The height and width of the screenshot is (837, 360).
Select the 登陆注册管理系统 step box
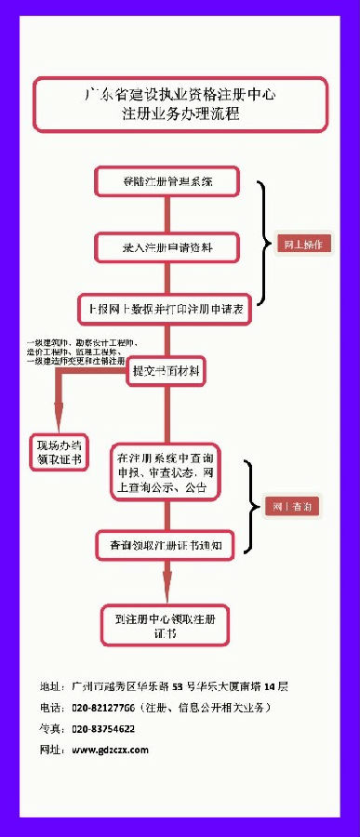point(167,180)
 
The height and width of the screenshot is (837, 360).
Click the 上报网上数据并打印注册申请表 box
point(167,309)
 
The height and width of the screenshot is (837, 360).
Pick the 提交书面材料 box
point(167,370)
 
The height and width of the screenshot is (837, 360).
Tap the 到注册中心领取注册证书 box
point(166,624)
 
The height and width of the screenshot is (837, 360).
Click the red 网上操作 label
point(301,245)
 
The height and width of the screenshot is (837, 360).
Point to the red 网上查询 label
point(292,507)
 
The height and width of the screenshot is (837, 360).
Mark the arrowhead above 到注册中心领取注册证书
point(167,591)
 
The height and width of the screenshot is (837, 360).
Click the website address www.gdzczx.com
point(110,749)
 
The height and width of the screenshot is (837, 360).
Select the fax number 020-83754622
point(103,728)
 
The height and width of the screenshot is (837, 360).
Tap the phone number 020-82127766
point(103,708)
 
